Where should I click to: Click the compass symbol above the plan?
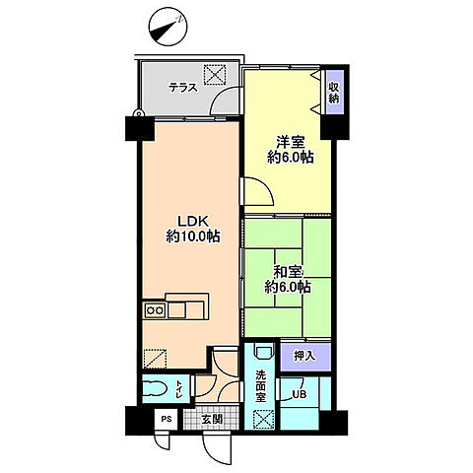169,25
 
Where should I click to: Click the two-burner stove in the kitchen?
156,310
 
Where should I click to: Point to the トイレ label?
178,387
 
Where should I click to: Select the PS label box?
167,418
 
